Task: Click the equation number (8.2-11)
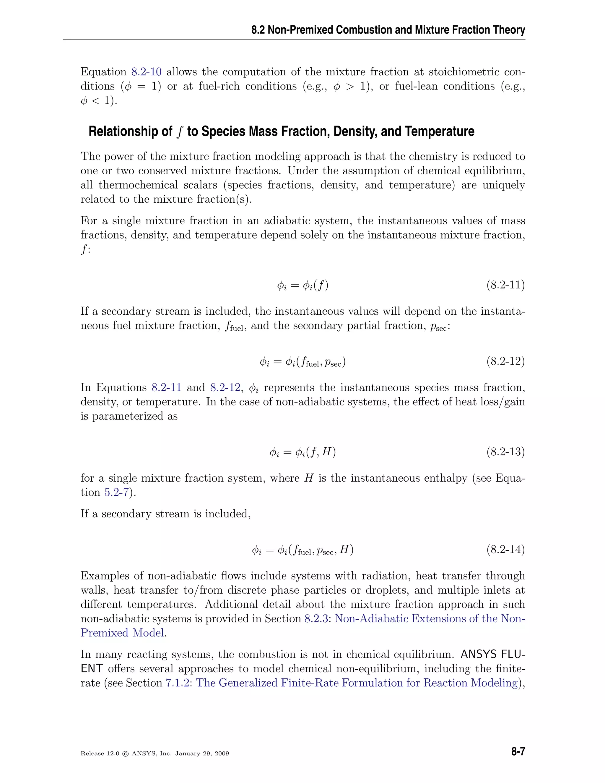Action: coord(505,285)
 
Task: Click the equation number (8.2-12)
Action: coord(505,361)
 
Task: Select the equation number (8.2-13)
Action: coord(505,452)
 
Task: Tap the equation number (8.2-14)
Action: coord(505,550)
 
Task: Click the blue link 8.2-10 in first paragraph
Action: coord(146,72)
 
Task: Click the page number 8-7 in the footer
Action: coord(518,752)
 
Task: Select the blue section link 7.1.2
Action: coord(177,683)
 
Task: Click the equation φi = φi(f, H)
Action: coord(302,452)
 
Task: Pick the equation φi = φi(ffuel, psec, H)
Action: coord(302,550)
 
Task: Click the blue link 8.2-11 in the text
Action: coord(166,388)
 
